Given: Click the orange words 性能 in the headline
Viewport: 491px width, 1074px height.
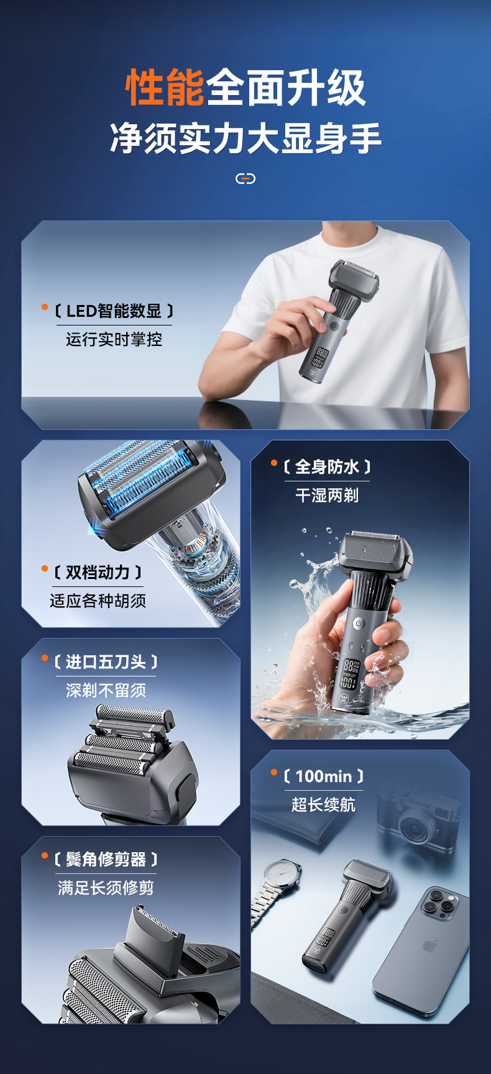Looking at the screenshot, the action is [165, 88].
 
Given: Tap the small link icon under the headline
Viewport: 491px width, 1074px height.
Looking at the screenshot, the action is [245, 179].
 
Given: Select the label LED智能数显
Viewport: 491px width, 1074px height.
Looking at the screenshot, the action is [114, 311].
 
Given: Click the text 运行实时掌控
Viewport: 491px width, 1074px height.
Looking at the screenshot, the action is [114, 339].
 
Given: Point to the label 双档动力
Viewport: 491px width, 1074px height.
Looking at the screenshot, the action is [98, 572].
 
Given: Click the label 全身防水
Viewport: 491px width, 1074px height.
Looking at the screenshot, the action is [327, 466].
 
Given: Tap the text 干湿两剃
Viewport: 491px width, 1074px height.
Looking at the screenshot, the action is [327, 495].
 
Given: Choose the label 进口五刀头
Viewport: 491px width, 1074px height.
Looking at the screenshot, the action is [106, 662].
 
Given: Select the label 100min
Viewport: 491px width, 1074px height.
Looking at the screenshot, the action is [324, 776].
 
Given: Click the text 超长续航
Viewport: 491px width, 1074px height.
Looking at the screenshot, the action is [323, 804].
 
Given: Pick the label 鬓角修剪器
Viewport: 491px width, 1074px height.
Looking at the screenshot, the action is [106, 859].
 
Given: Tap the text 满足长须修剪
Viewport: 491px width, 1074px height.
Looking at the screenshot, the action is [106, 888].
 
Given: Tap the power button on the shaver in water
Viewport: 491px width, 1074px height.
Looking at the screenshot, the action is [358, 623].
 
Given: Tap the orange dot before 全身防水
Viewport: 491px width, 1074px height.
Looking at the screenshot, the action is [274, 463].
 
